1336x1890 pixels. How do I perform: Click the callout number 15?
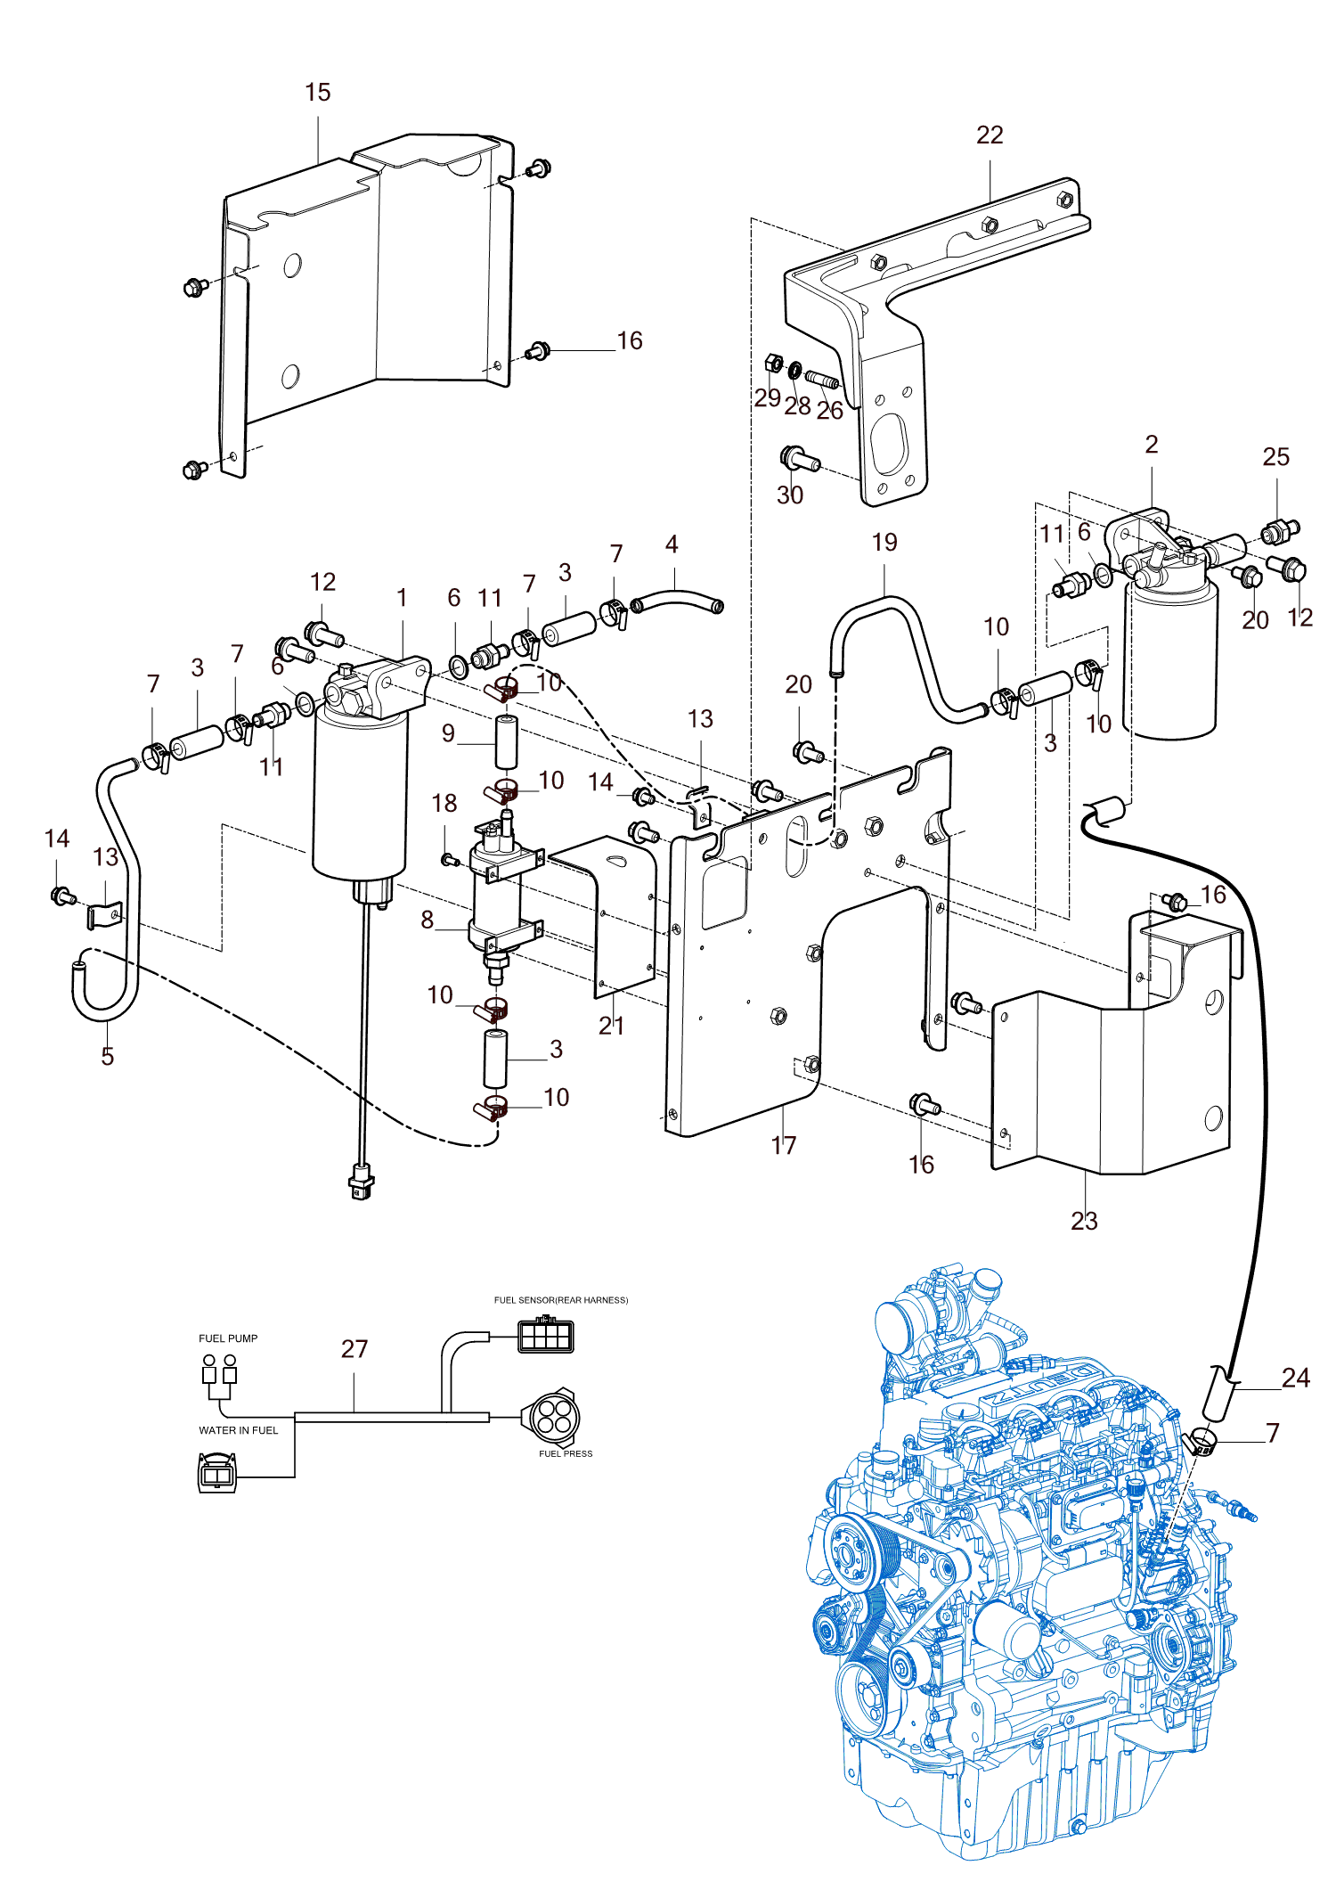317,93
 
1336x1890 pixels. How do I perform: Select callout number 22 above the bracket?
990,135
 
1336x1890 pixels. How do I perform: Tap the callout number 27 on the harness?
354,1349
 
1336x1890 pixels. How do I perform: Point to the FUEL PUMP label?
228,1338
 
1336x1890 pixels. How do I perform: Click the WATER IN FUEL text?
239,1430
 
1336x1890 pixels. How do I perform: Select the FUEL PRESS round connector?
550,1416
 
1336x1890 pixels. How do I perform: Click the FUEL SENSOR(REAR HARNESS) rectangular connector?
546,1337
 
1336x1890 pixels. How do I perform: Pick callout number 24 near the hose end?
1296,1379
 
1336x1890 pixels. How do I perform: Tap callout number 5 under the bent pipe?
108,1057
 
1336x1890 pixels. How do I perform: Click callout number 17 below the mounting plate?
784,1146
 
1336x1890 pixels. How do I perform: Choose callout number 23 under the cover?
1084,1221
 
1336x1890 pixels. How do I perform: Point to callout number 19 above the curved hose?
884,543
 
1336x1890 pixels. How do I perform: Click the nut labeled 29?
774,364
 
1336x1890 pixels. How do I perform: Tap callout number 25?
1276,457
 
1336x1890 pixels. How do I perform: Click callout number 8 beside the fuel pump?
428,920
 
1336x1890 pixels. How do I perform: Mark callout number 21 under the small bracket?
612,1026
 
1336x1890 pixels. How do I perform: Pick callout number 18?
444,804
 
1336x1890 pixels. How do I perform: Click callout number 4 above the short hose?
672,544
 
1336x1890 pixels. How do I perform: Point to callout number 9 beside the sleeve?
448,733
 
